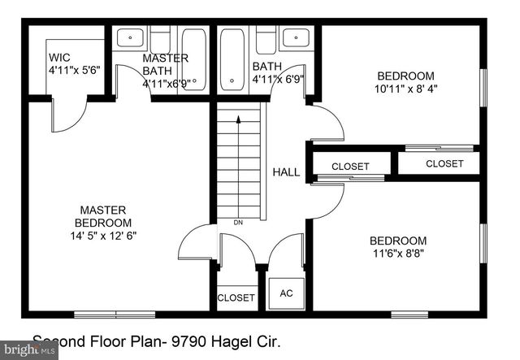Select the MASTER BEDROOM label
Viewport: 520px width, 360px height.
(x=103, y=216)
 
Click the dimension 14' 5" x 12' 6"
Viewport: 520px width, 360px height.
(x=103, y=236)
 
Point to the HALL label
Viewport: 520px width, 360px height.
(x=286, y=172)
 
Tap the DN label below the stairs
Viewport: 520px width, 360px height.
(x=238, y=222)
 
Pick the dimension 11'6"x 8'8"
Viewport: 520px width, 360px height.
(x=397, y=254)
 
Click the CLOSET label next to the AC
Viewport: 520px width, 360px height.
(x=236, y=298)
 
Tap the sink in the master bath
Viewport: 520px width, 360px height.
(x=130, y=37)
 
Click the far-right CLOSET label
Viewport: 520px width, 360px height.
(x=444, y=163)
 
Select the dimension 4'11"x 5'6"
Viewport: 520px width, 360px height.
(x=74, y=71)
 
